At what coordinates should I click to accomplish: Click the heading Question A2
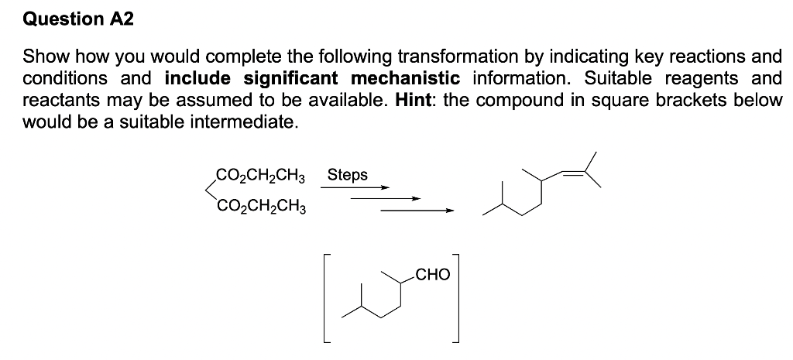point(78,19)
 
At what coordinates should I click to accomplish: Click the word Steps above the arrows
point(348,176)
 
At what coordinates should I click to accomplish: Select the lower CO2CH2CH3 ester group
point(260,207)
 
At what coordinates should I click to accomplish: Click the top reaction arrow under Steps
point(355,187)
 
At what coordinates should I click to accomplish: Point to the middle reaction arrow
point(386,199)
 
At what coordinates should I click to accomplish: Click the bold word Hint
point(413,100)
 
